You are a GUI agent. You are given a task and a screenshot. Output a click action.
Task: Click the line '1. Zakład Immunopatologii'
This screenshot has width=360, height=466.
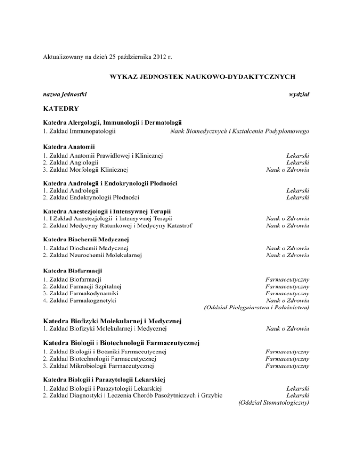coord(79,131)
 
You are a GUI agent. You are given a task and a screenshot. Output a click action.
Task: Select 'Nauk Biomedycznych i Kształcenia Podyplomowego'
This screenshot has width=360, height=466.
coord(239,131)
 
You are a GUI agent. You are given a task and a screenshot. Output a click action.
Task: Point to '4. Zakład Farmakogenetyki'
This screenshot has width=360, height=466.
coord(80,300)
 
